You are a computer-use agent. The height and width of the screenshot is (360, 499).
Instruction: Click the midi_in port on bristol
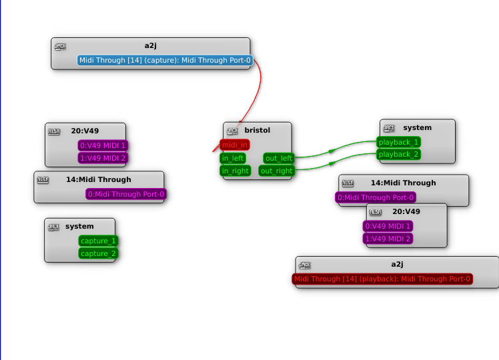tap(235, 145)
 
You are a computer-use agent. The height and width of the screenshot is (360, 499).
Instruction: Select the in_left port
tap(233, 158)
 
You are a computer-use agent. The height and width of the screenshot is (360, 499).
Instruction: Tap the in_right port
tap(235, 171)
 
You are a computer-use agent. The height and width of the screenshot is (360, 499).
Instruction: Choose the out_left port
tap(278, 158)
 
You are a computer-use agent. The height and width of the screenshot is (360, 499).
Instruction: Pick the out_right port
tap(276, 171)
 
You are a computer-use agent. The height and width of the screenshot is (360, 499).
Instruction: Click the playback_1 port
tap(398, 142)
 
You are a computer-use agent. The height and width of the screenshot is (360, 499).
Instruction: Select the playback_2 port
tap(398, 155)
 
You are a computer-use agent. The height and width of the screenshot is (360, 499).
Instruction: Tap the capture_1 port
tap(98, 241)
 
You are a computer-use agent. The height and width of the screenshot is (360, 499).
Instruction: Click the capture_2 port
tap(98, 253)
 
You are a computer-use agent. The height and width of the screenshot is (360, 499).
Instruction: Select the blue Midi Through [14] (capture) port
tap(165, 61)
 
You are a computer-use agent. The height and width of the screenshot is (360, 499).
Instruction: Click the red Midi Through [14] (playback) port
tap(382, 279)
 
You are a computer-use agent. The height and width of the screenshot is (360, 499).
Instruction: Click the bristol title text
tap(258, 130)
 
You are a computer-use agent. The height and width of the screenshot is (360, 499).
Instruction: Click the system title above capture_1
tap(79, 227)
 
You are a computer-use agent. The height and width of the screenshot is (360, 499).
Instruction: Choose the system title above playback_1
tap(418, 127)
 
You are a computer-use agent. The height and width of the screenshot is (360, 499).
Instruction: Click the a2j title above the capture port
tap(150, 45)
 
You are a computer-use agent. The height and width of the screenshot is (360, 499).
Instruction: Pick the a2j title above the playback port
tap(398, 264)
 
